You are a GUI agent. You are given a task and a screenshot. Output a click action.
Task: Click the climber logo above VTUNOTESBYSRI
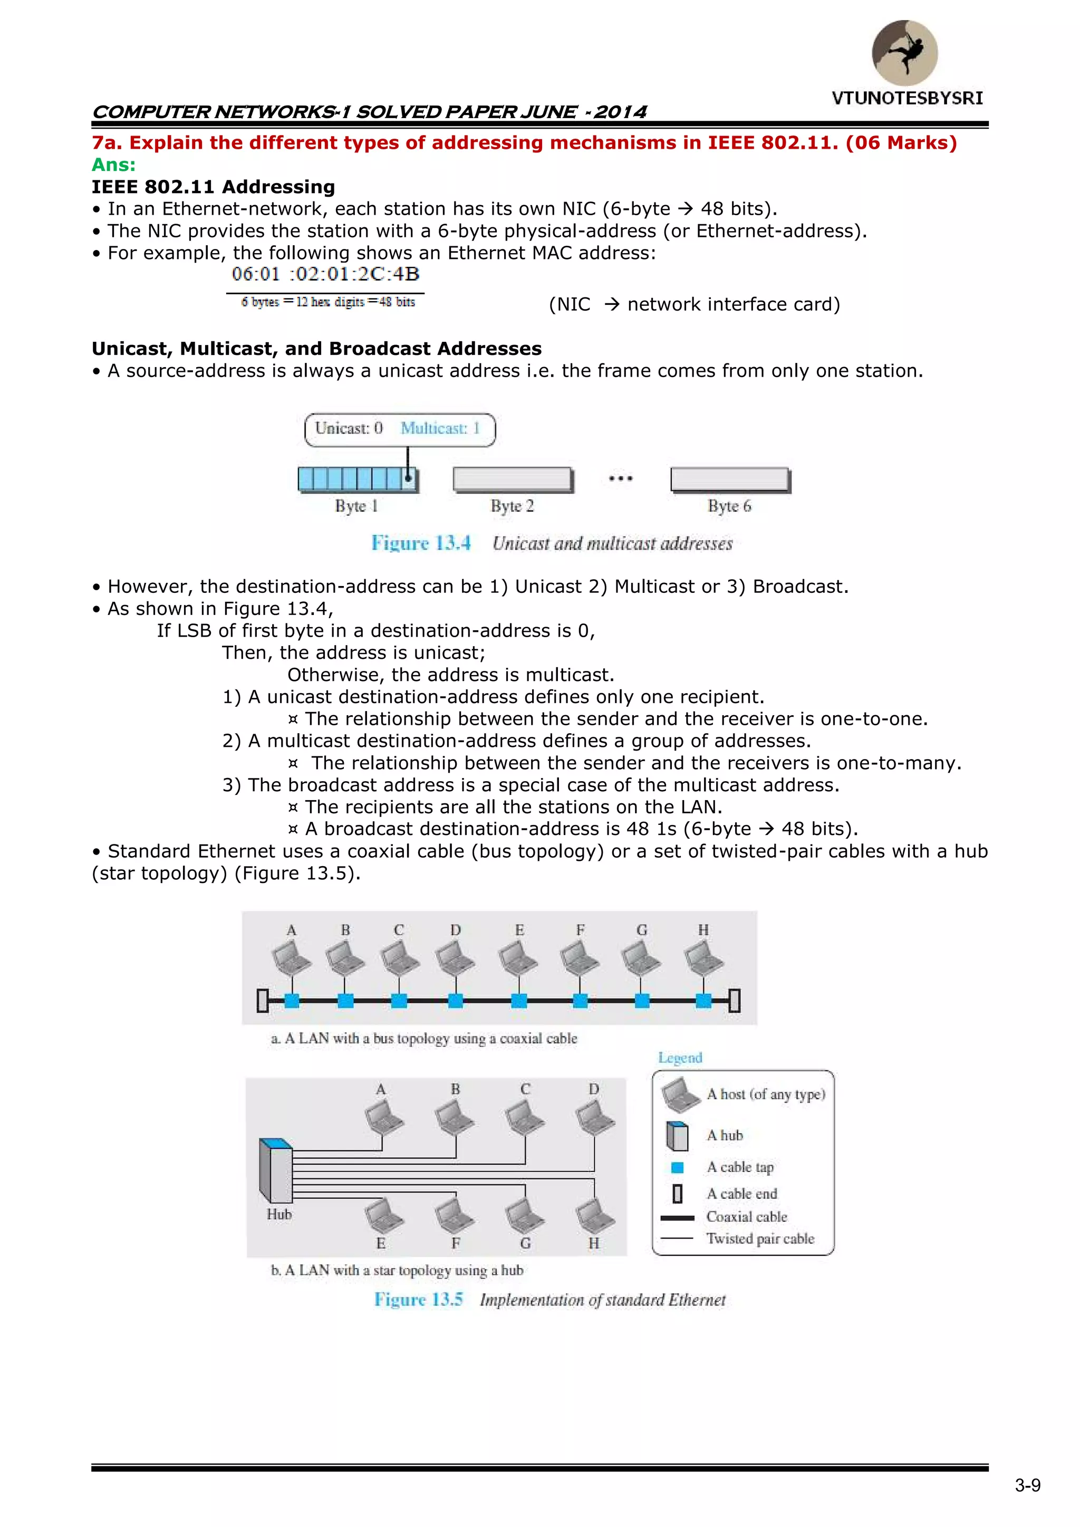(904, 53)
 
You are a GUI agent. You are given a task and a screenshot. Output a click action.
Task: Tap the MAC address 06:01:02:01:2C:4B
(325, 274)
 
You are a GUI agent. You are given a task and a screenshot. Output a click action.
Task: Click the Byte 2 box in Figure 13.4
(512, 479)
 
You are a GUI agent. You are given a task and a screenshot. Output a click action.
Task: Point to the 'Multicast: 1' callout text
(440, 428)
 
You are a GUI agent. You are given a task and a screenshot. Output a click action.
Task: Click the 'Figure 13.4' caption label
(421, 543)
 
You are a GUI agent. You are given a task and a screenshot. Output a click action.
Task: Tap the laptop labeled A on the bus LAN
(291, 958)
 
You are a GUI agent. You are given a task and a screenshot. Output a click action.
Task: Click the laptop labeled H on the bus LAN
(703, 958)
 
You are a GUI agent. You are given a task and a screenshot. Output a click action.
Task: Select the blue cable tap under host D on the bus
(456, 1000)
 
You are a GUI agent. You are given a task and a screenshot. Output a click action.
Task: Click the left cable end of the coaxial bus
(263, 1000)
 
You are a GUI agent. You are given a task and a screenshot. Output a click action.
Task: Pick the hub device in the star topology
(275, 1170)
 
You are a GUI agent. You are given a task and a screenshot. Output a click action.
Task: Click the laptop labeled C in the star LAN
(525, 1117)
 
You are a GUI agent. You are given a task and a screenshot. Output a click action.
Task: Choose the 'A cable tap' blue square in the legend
(678, 1167)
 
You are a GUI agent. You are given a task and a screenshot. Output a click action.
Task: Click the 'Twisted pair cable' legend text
(760, 1238)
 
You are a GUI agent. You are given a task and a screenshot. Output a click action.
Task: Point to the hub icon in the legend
(677, 1136)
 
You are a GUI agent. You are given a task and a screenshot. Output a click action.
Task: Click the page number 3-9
(1027, 1485)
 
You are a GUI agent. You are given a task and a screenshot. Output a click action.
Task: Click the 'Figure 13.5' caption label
(418, 1300)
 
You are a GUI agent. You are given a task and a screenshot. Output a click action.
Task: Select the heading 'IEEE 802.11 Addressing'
(214, 187)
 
